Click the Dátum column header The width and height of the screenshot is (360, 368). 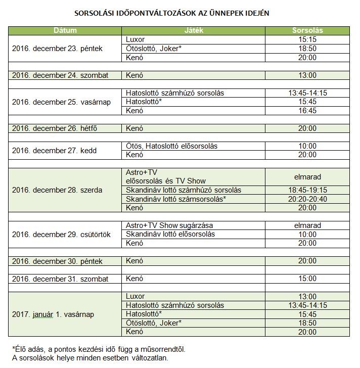[x=65, y=31]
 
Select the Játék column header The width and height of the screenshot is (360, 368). [x=194, y=31]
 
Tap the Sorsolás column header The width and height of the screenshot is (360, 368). [x=307, y=31]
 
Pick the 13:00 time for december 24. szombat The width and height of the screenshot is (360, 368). [x=307, y=75]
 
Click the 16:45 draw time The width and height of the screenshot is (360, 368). [x=307, y=111]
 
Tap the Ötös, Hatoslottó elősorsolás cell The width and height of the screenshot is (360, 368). [x=171, y=146]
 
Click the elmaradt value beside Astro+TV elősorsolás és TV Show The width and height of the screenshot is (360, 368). [x=307, y=177]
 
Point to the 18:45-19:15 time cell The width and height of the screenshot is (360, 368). [x=307, y=190]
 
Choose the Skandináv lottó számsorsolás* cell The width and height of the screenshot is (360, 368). [x=175, y=199]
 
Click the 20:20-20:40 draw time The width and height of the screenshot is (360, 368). [x=307, y=199]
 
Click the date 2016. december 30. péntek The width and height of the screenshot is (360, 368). [x=57, y=261]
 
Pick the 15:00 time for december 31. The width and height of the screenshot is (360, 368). [x=307, y=279]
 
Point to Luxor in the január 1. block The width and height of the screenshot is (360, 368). [x=135, y=296]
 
